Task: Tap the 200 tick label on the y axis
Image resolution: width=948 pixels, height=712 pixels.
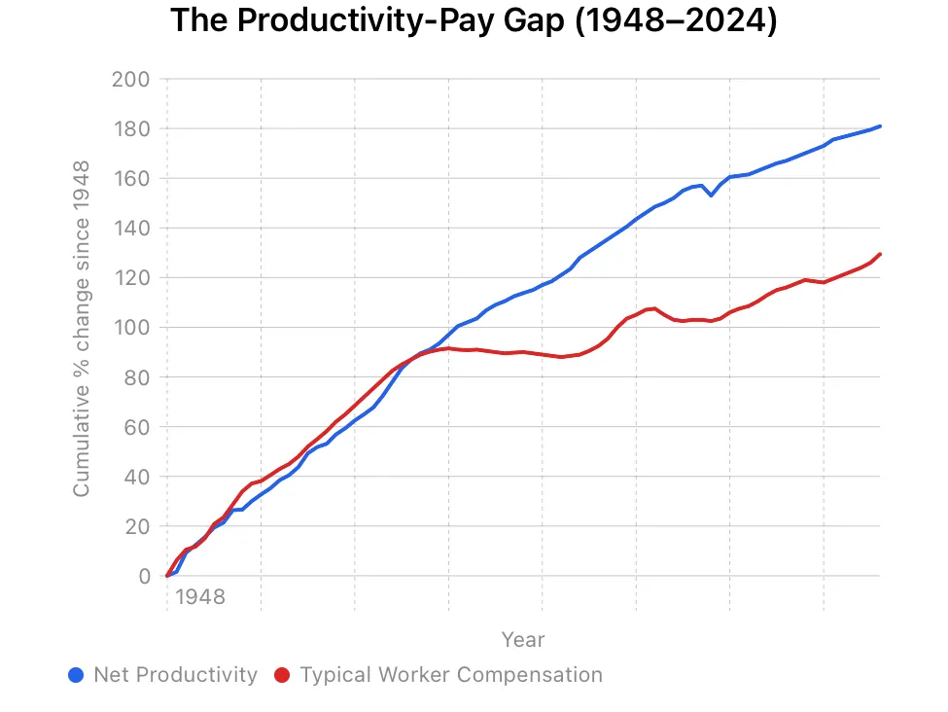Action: point(132,79)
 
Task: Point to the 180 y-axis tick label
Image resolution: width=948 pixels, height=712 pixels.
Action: point(132,128)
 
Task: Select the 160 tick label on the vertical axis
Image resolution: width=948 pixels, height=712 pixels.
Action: point(132,178)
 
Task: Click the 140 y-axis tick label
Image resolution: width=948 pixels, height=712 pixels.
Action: point(132,228)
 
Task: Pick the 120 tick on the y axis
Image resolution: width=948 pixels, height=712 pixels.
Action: point(132,277)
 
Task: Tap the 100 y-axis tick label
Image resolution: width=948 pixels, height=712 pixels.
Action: point(132,327)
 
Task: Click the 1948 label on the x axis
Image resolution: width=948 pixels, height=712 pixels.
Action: point(199,596)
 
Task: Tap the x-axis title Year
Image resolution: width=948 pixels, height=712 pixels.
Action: point(523,639)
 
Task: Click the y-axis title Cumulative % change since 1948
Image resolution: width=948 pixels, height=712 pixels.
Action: point(82,328)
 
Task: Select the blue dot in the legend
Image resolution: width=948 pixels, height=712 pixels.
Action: point(77,675)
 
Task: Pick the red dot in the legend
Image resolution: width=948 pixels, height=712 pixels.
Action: point(283,675)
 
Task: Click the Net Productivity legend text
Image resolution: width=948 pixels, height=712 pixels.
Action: point(175,675)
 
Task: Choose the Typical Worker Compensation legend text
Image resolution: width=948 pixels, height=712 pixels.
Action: point(451,675)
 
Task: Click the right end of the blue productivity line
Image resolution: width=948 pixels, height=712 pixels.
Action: point(880,125)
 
